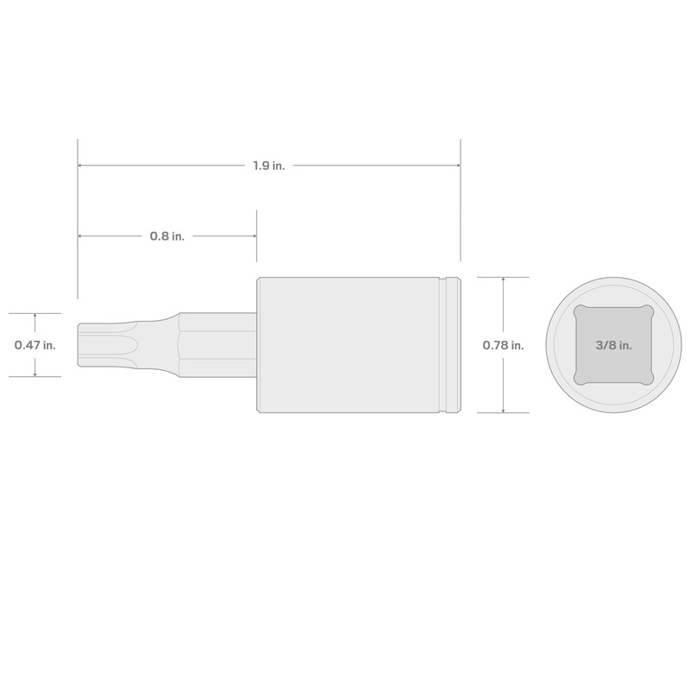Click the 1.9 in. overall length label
(269, 166)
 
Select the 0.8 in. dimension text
(167, 236)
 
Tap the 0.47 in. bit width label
(34, 345)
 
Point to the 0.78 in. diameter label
(503, 345)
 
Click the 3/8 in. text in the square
(613, 345)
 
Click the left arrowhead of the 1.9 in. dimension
(81, 166)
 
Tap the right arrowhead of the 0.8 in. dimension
(253, 236)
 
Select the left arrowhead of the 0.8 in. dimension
(81, 236)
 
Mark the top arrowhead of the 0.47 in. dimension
(34, 316)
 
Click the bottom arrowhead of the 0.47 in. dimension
(34, 373)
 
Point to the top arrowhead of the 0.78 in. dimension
(503, 280)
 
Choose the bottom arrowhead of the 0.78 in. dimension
(503, 409)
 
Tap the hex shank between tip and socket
(216, 345)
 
